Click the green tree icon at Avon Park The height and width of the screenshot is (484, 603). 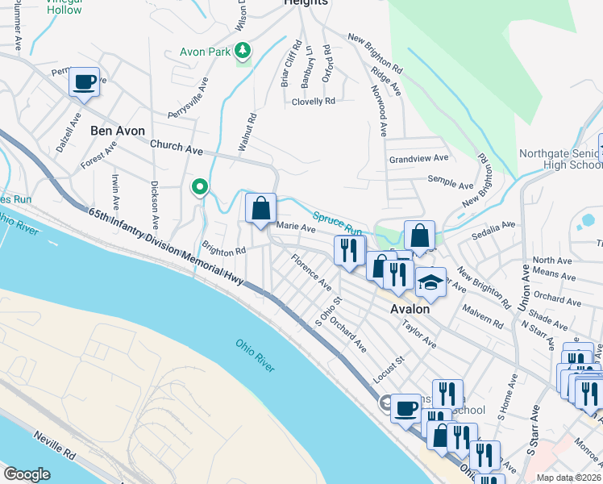tap(242, 52)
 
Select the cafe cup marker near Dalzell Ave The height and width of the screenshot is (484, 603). tap(85, 81)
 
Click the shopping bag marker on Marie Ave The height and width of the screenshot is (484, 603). tap(261, 208)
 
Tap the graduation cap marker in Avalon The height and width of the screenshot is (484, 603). tap(430, 282)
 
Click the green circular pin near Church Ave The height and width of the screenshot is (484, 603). tap(200, 188)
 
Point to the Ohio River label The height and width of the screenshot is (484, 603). tap(256, 355)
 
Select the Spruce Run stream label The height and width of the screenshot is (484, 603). tap(338, 223)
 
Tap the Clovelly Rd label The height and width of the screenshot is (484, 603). tap(313, 102)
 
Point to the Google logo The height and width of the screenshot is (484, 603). tap(26, 474)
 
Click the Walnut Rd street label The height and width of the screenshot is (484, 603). tap(247, 132)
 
